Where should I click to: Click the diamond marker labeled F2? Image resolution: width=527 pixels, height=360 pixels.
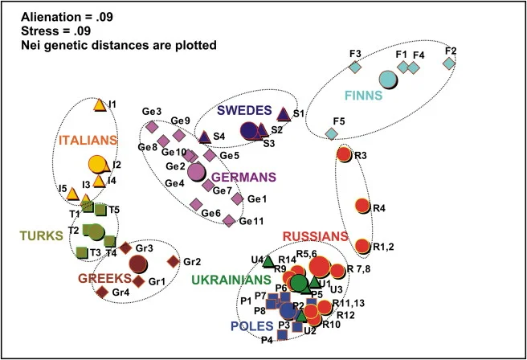pyautogui.click(x=449, y=63)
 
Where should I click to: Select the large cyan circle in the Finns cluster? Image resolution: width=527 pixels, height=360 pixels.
pyautogui.click(x=388, y=80)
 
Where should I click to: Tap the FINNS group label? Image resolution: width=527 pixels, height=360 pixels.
pyautogui.click(x=364, y=96)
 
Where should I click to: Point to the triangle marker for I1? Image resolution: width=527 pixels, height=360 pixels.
pyautogui.click(x=99, y=105)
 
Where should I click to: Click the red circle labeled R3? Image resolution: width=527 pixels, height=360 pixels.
pyautogui.click(x=344, y=154)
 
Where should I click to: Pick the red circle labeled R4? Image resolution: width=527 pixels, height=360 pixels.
pyautogui.click(x=362, y=206)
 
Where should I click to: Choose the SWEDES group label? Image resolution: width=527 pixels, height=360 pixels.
pyautogui.click(x=244, y=110)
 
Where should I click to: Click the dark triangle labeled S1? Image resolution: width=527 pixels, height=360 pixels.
pyautogui.click(x=284, y=114)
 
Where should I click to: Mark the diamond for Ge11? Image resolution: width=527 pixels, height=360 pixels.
pyautogui.click(x=229, y=220)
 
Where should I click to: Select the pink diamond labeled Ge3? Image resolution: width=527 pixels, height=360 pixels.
pyautogui.click(x=152, y=126)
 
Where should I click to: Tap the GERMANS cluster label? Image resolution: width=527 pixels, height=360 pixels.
pyautogui.click(x=244, y=177)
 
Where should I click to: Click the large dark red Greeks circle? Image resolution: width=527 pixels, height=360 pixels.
pyautogui.click(x=138, y=264)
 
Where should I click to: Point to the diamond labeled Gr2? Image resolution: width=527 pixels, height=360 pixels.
pyautogui.click(x=174, y=261)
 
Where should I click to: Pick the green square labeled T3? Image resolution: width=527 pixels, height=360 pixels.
pyautogui.click(x=82, y=252)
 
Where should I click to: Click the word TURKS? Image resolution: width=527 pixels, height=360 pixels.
pyautogui.click(x=41, y=235)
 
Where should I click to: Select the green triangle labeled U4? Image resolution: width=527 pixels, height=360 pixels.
pyautogui.click(x=268, y=261)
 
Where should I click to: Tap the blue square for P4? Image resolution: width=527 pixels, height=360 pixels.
pyautogui.click(x=282, y=335)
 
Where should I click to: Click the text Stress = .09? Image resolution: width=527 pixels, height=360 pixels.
pyautogui.click(x=55, y=31)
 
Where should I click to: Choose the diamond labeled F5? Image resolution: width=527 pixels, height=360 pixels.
pyautogui.click(x=332, y=133)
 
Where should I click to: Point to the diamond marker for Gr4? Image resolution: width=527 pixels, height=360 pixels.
pyautogui.click(x=102, y=292)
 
